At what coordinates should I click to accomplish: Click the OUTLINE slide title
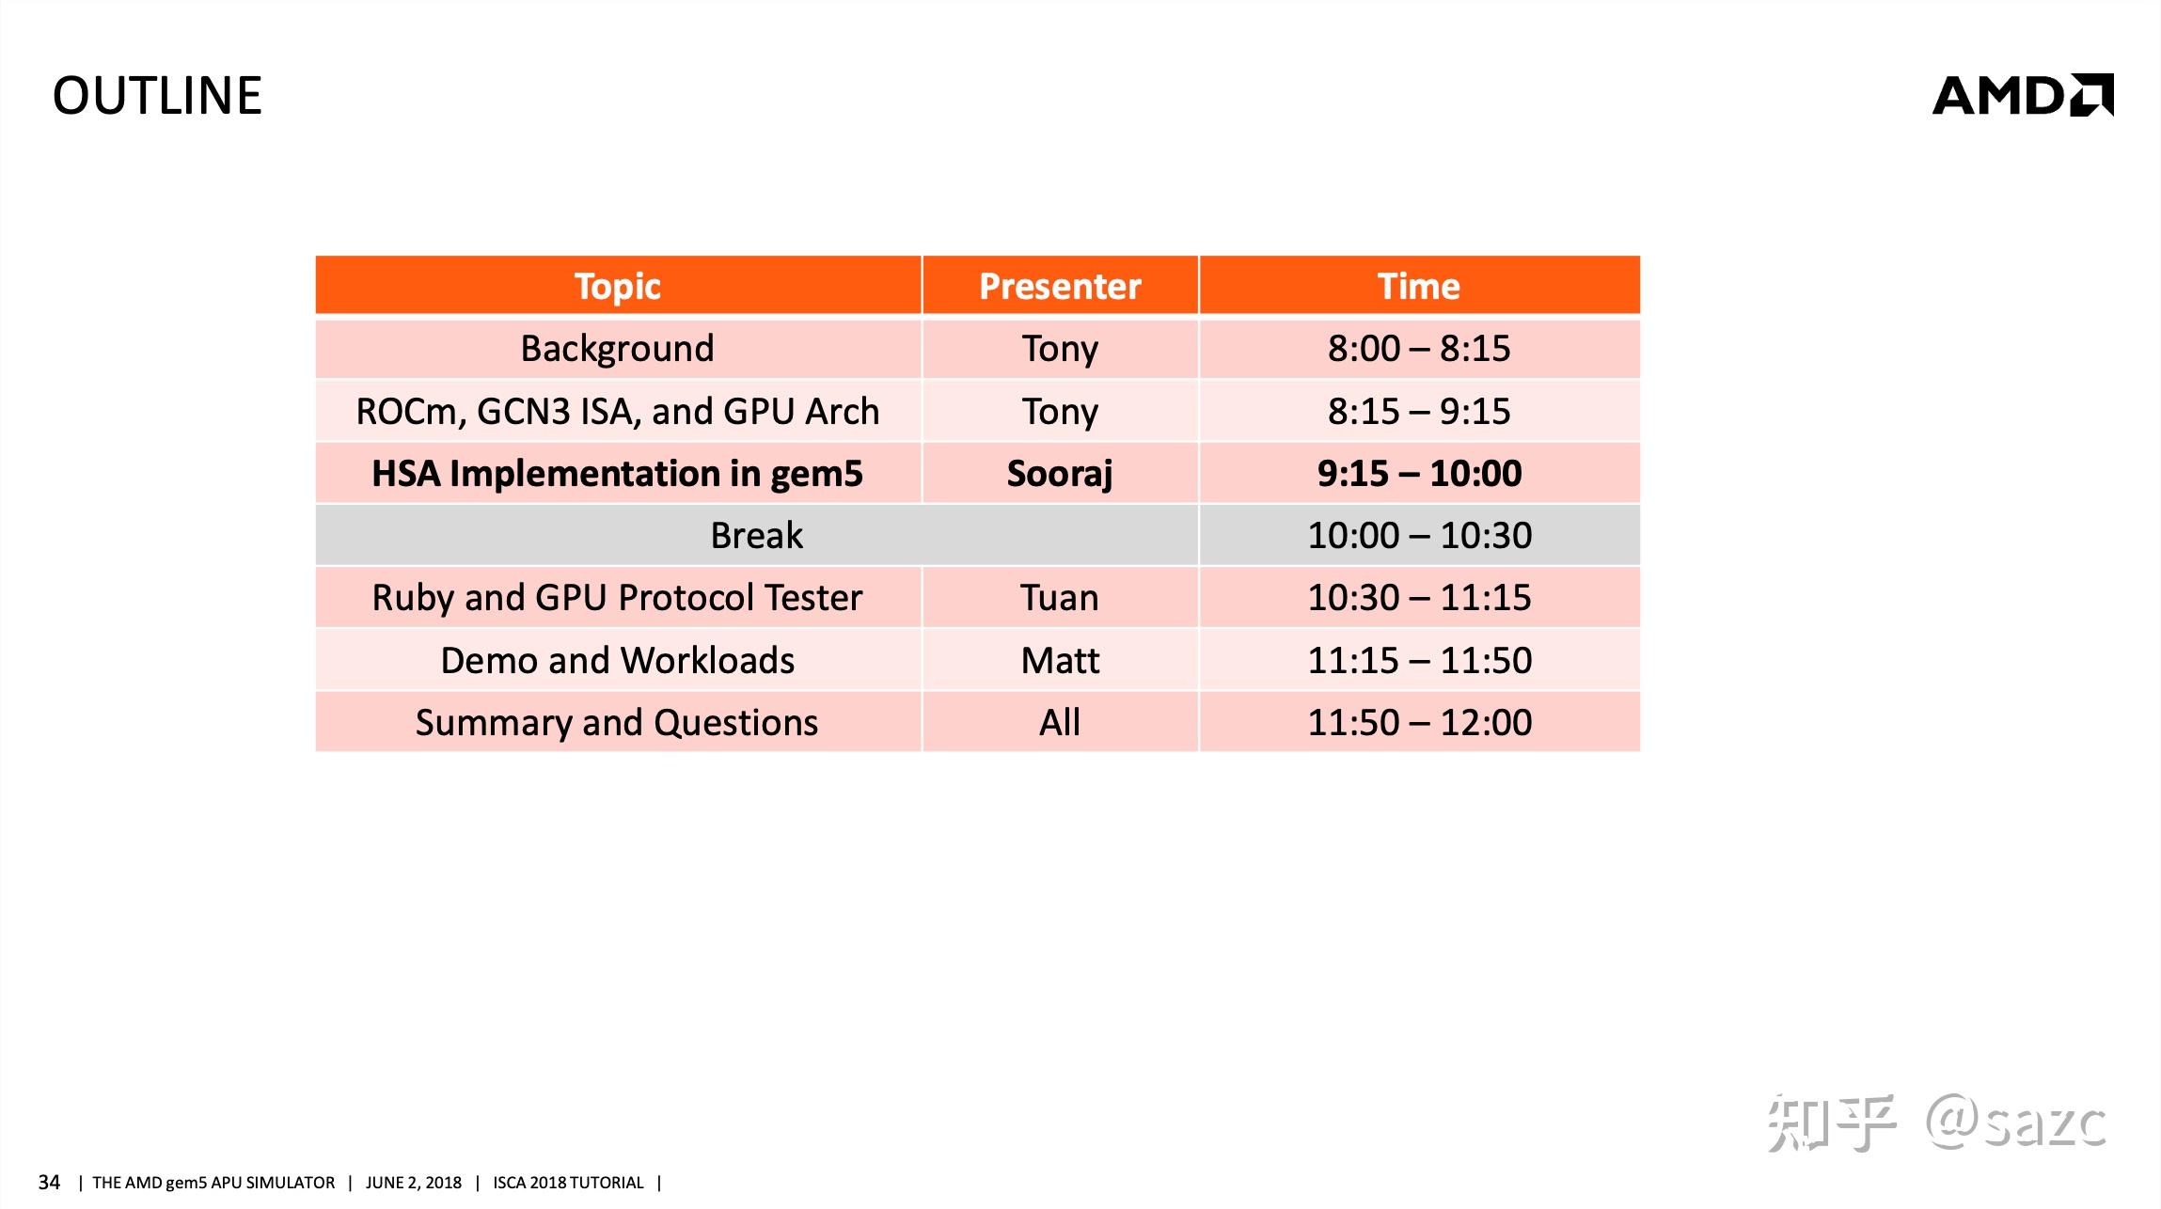[157, 96]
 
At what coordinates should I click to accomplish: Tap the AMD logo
[2022, 96]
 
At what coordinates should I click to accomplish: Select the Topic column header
[617, 286]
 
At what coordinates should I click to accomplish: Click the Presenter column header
[1060, 286]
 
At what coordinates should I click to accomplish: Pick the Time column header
[1418, 286]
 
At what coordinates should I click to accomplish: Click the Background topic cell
[617, 349]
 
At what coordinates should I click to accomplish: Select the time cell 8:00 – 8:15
[1418, 349]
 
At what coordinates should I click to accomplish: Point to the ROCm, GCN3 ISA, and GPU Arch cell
[617, 411]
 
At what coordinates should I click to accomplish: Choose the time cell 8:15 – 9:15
[1418, 411]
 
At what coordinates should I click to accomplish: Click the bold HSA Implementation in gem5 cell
[617, 473]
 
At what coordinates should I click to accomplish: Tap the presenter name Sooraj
[1060, 473]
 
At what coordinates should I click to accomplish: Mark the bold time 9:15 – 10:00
[1418, 473]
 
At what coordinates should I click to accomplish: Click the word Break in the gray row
[756, 536]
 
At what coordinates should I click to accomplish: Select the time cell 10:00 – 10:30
[1418, 536]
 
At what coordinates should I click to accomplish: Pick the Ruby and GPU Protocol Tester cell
[617, 598]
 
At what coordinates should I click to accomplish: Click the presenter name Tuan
[1060, 598]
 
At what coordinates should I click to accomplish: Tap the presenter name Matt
[1060, 660]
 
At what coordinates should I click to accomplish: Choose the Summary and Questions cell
[617, 722]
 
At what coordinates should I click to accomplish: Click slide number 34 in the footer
[49, 1182]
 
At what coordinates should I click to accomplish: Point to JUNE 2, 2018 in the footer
[413, 1183]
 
